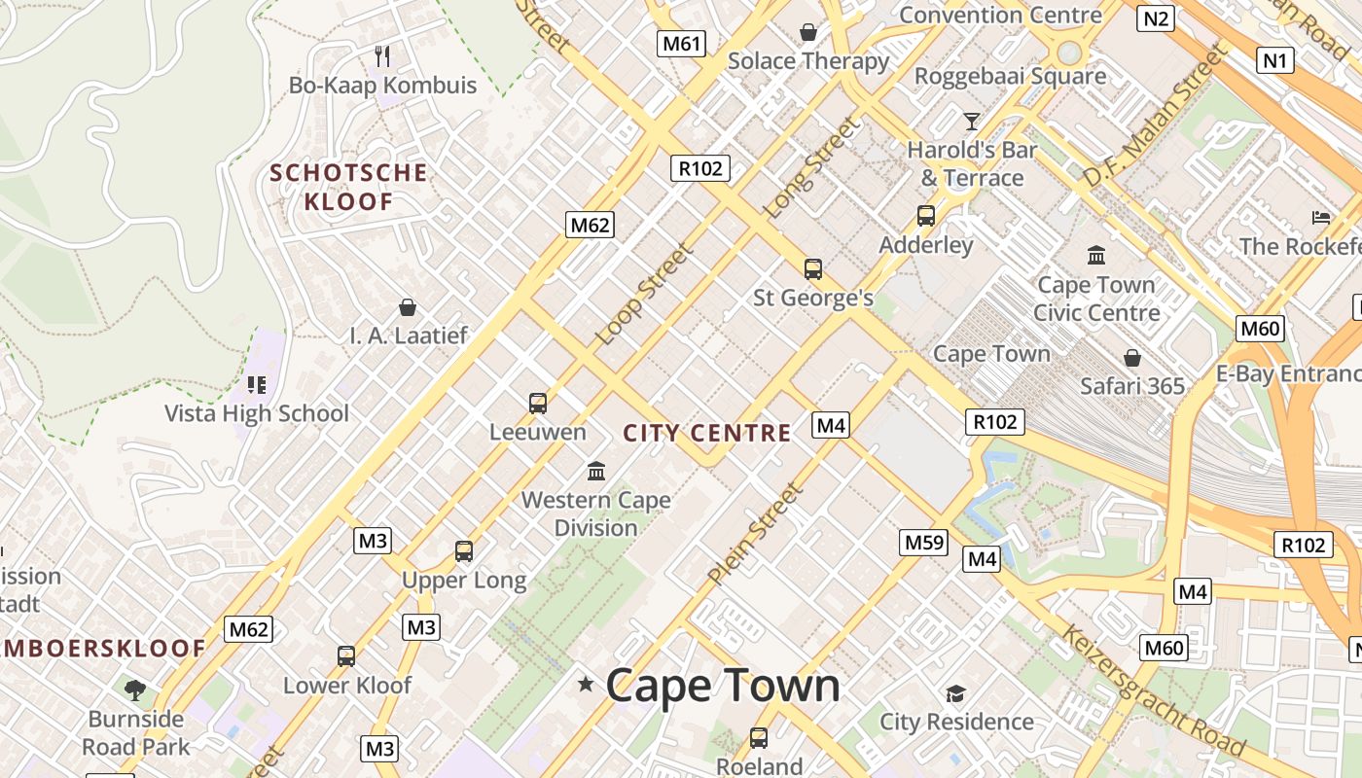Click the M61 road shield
(681, 43)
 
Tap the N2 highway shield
(1156, 18)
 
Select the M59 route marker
(923, 543)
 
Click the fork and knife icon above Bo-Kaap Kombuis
(382, 56)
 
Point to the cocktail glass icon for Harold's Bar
(971, 122)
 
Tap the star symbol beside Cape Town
(586, 685)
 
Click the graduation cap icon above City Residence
(955, 693)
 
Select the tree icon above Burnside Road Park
(135, 690)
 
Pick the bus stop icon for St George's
(813, 269)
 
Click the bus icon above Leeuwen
(537, 403)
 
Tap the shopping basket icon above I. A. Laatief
(408, 307)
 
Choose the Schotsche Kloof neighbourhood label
(348, 188)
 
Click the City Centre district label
(707, 434)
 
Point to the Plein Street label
(756, 534)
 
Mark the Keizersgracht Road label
(1152, 690)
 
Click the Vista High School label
(257, 413)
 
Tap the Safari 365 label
(1132, 386)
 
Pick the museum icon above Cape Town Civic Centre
(1096, 255)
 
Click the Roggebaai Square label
(1010, 76)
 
